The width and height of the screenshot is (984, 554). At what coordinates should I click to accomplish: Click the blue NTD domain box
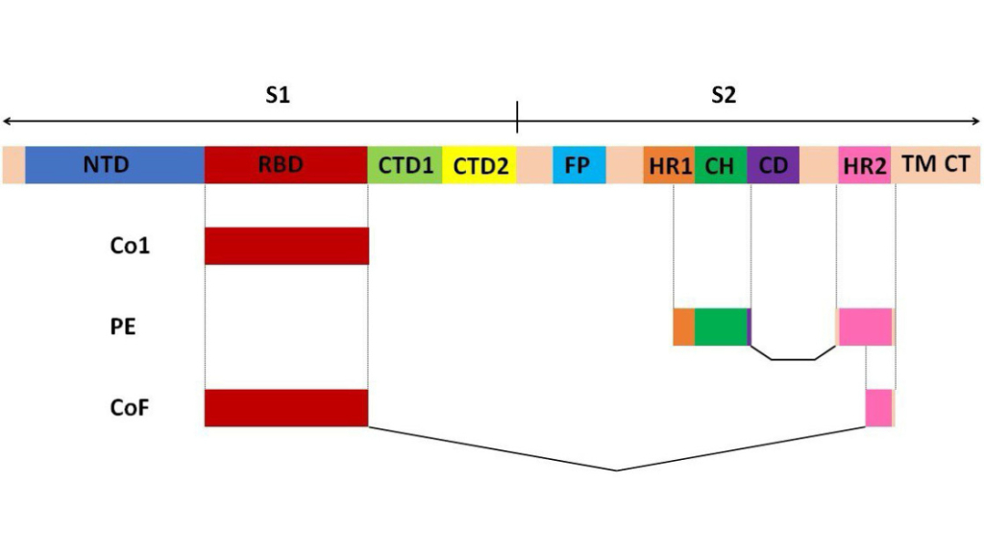click(115, 165)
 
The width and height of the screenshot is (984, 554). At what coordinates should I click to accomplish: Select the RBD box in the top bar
click(286, 165)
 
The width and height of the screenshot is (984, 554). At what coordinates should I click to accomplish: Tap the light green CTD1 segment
click(405, 165)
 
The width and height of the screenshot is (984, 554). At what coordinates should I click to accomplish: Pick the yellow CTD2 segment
click(480, 165)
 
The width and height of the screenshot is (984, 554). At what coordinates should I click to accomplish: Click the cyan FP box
click(579, 165)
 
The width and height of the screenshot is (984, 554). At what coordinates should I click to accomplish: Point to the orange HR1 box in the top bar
click(669, 165)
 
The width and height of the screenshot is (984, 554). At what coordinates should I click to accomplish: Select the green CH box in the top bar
click(721, 165)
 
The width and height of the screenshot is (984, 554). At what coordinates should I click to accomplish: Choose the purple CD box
click(774, 165)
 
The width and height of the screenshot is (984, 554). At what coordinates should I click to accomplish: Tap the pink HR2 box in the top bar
click(865, 165)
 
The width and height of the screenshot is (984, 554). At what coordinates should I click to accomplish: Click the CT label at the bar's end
click(957, 163)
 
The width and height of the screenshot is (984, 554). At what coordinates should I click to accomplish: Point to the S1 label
click(278, 95)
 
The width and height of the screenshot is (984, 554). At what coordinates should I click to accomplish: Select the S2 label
click(724, 95)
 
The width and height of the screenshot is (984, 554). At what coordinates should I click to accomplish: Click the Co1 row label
click(130, 245)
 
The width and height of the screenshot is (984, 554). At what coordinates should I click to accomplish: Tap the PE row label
click(123, 326)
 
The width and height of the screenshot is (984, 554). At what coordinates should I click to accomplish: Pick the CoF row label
click(130, 408)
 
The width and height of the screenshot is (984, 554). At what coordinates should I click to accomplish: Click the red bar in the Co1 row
click(286, 246)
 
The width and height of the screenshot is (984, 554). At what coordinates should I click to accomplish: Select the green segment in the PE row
click(721, 326)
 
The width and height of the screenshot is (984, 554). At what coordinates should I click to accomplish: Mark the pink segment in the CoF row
click(878, 408)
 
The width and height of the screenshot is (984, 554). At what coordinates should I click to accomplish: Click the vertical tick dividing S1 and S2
click(517, 117)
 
